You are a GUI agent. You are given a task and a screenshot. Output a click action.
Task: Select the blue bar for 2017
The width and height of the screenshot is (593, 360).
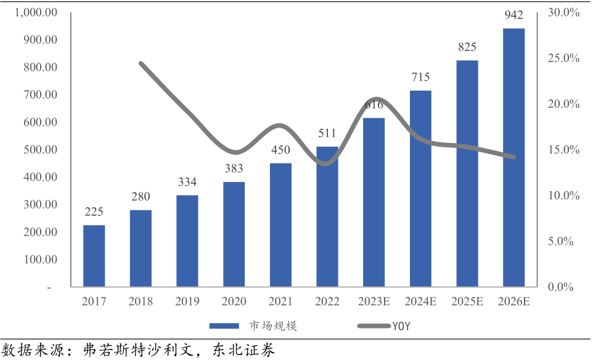tap(94, 256)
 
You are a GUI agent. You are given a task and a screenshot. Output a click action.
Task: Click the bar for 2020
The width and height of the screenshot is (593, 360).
tap(234, 234)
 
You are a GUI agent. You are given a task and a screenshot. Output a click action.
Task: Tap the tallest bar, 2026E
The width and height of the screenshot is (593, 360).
tap(514, 157)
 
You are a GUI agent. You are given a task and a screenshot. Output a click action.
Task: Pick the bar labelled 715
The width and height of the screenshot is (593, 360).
tap(420, 189)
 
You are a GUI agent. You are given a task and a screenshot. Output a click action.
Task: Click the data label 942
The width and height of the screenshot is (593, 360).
tap(514, 15)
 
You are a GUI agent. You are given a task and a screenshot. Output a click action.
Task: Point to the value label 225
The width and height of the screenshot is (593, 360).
tap(94, 212)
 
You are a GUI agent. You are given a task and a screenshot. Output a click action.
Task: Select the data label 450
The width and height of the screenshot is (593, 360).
tap(280, 150)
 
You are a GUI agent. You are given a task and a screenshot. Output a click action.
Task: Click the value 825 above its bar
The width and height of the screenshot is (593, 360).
tap(467, 47)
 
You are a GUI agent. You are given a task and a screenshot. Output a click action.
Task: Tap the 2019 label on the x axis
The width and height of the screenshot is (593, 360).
tap(187, 302)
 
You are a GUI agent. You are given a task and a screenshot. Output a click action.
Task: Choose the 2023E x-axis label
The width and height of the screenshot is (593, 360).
tap(374, 302)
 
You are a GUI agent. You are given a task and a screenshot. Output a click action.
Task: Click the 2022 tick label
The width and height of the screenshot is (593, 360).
tap(327, 302)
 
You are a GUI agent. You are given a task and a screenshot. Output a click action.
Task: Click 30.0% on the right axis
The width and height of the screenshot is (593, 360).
tap(564, 12)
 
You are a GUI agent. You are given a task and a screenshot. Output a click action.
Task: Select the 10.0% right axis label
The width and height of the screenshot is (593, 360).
tap(564, 195)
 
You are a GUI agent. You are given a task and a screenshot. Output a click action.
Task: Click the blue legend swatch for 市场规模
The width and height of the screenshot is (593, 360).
tap(224, 326)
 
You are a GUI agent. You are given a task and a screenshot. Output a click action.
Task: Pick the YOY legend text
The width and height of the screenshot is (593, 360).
tap(401, 326)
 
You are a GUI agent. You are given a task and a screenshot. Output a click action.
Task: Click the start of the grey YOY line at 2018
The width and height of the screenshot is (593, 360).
tap(141, 63)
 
